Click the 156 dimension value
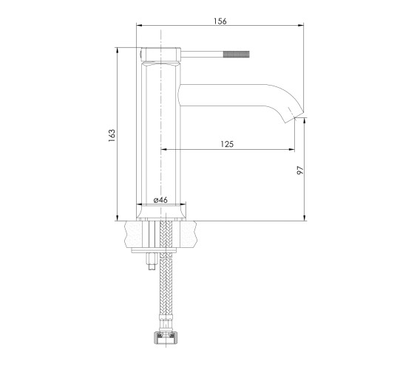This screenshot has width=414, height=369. point(220,21)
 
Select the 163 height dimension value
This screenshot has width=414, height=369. point(112,136)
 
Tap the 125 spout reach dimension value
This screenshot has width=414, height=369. point(227,144)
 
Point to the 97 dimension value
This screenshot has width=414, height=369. point(300,170)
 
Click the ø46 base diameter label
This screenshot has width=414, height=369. point(160,200)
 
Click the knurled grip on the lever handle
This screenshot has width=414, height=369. point(237,55)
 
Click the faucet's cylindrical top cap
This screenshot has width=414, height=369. point(161,55)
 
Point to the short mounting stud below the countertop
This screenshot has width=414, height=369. point(152,261)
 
